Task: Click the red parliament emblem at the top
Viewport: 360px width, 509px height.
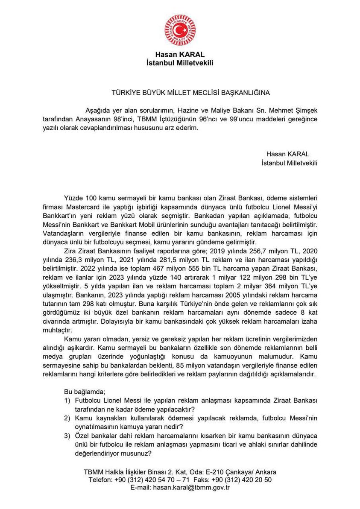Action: point(180,30)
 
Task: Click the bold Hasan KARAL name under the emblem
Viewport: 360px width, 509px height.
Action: point(180,55)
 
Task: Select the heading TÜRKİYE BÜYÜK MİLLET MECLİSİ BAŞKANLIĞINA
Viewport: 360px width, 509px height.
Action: point(190,92)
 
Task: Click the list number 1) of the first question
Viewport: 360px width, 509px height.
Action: point(67,400)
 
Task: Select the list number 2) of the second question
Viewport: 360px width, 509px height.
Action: point(67,418)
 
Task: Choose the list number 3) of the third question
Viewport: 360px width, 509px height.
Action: point(67,436)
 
